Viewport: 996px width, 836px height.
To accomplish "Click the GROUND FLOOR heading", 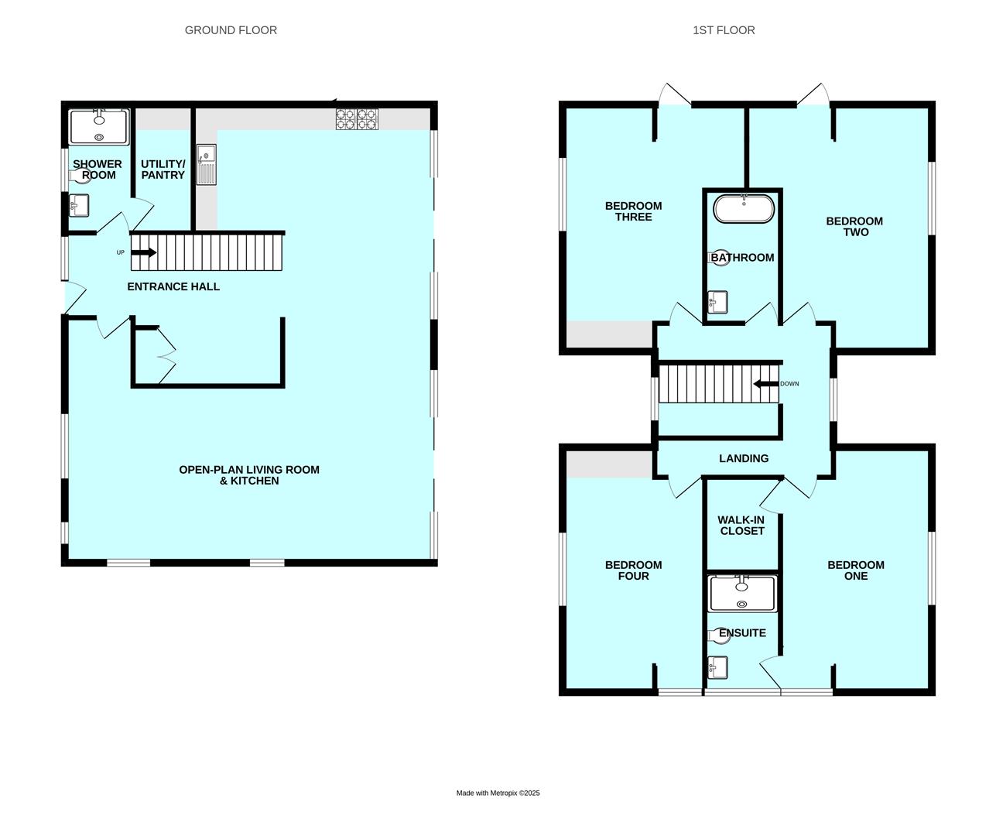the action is coord(231,30).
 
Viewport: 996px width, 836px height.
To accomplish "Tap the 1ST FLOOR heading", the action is coord(724,30).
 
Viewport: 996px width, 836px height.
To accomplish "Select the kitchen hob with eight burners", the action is coord(357,118).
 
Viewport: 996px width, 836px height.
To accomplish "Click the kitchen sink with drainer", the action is coord(207,165).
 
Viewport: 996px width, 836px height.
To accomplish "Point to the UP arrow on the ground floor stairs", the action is coord(144,252).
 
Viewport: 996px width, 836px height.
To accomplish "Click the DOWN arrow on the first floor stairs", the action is coord(766,384).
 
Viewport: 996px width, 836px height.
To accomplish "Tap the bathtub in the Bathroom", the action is coord(743,208).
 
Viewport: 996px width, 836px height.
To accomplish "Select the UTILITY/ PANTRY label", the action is coord(163,170).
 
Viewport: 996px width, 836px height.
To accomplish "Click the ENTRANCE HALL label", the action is coord(173,286).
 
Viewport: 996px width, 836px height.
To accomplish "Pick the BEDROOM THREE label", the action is coord(634,211).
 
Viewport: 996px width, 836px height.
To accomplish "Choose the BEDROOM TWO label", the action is coord(854,227).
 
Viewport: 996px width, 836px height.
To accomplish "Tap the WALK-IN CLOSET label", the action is coord(741,526).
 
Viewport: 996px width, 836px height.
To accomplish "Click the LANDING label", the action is coord(744,458).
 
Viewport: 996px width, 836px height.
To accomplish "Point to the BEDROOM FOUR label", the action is coord(634,570).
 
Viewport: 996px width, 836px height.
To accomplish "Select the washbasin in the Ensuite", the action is coord(717,667).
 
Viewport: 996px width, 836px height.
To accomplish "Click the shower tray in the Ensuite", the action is coord(742,594).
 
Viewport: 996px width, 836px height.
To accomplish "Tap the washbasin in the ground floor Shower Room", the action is coord(79,205).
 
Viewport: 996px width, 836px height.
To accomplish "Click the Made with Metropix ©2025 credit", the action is coord(498,793).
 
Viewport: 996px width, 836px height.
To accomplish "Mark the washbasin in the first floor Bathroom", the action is coord(717,302).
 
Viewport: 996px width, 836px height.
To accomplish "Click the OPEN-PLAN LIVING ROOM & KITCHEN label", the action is coord(249,475).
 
